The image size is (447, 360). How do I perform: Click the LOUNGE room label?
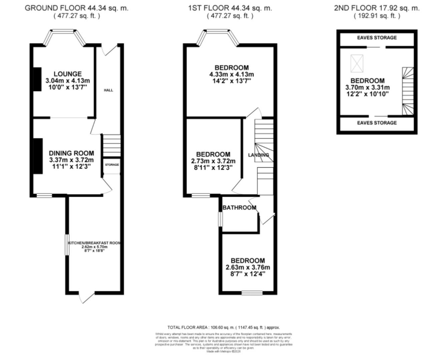[68, 74]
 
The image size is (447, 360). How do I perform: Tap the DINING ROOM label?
[71, 153]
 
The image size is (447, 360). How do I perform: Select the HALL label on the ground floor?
[108, 90]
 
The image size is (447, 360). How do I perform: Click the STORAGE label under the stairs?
[112, 165]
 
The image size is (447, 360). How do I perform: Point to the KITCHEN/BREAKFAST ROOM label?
[94, 243]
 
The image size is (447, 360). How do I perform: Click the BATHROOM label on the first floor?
[239, 208]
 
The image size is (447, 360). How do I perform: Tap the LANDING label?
[258, 155]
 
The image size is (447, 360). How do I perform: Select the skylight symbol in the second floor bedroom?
[357, 64]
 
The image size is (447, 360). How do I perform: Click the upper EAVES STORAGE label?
[377, 38]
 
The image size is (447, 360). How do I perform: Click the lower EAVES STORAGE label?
[377, 123]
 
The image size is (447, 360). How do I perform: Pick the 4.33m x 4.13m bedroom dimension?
[232, 74]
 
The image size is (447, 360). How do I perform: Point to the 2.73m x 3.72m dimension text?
[213, 161]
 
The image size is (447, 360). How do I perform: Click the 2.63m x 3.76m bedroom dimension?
[248, 267]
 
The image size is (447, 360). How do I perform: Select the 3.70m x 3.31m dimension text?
[367, 87]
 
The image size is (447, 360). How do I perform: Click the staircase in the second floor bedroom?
[408, 91]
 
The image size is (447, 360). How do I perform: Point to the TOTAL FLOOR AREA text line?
[223, 327]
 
